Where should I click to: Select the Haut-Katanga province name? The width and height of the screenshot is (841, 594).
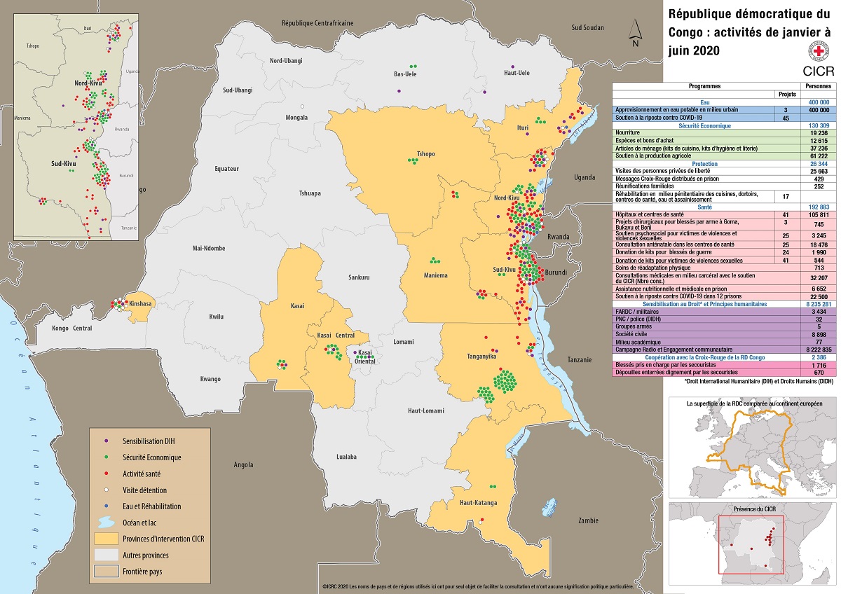pyautogui.click(x=478, y=503)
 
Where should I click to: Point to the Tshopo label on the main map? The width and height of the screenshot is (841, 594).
pyautogui.click(x=425, y=153)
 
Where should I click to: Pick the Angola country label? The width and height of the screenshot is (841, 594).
pyautogui.click(x=243, y=464)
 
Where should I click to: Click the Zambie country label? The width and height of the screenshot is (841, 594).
pyautogui.click(x=588, y=520)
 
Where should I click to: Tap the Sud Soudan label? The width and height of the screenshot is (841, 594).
pyautogui.click(x=587, y=27)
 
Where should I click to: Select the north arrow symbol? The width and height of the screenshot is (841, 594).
pyautogui.click(x=634, y=32)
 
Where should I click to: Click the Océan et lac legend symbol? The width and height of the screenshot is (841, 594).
pyautogui.click(x=106, y=523)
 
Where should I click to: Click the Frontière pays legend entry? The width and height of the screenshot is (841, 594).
pyautogui.click(x=145, y=571)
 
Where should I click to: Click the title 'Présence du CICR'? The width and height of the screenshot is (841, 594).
pyautogui.click(x=747, y=507)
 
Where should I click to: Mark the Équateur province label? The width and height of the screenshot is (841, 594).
pyautogui.click(x=227, y=169)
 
